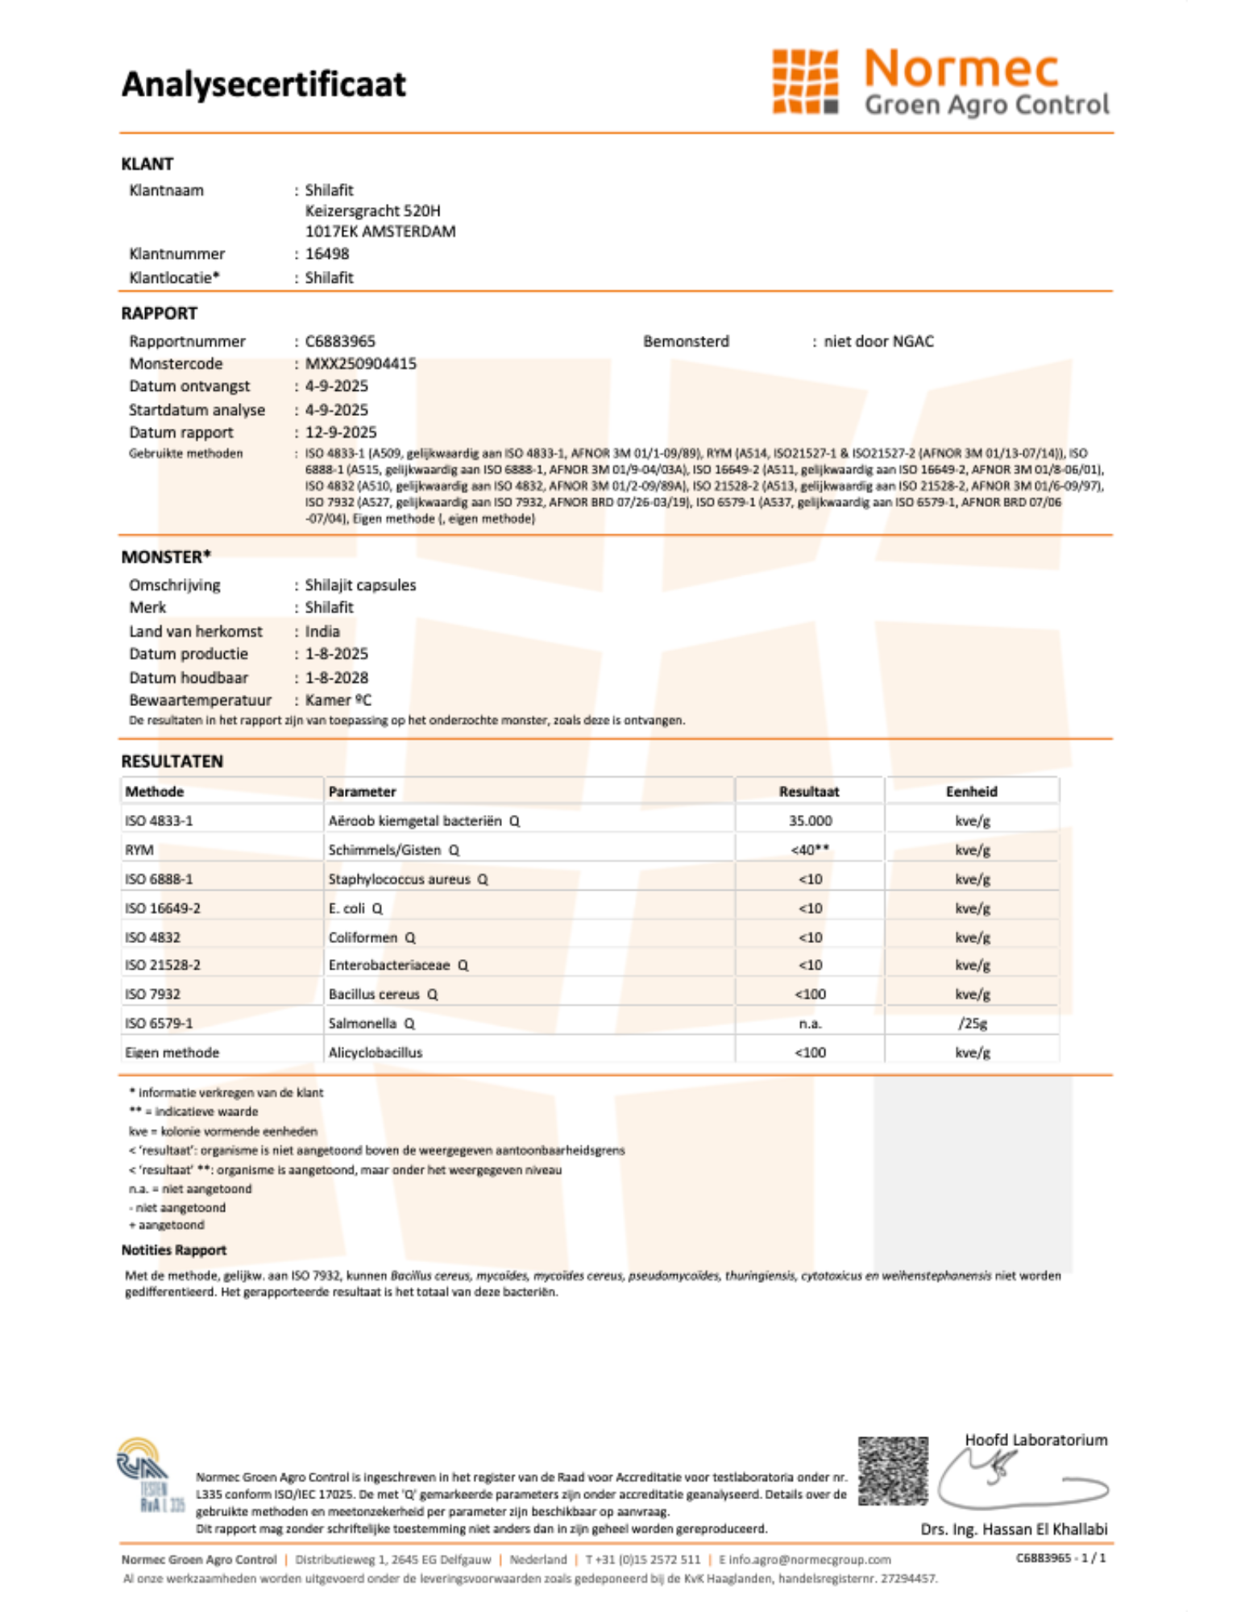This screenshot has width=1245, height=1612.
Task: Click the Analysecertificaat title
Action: (264, 85)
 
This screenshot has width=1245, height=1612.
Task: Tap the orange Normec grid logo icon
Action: (804, 81)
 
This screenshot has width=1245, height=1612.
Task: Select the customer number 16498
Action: (327, 254)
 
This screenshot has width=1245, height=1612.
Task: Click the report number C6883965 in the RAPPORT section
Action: (340, 341)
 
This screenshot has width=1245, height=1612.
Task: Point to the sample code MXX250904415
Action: (360, 364)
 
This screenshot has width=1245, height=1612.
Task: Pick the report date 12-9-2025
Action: (341, 432)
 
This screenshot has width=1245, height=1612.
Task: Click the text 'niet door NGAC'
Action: (878, 341)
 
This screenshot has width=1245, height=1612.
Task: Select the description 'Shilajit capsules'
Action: (360, 585)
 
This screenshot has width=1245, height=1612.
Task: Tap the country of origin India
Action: (322, 631)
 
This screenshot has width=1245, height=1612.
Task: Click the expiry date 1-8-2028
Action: (336, 678)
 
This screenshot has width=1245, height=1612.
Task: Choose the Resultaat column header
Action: (809, 791)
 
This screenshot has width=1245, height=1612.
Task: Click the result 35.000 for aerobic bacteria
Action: (810, 821)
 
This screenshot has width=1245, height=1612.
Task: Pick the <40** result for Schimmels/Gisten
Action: (810, 850)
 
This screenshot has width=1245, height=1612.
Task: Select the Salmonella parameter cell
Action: (363, 1023)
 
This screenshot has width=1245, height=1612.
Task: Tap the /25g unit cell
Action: (972, 1023)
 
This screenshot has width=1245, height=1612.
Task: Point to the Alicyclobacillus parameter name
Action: (375, 1052)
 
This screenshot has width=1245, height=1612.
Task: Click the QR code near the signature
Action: (892, 1471)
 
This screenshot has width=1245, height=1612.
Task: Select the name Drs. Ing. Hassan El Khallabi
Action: (1014, 1529)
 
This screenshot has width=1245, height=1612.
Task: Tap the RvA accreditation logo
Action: (151, 1475)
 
